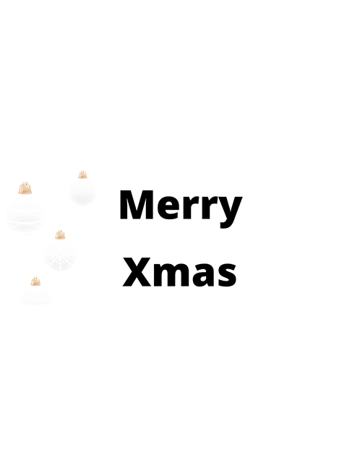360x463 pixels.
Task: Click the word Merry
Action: point(181,209)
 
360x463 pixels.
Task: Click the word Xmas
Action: point(179,272)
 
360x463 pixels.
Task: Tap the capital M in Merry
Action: point(137,205)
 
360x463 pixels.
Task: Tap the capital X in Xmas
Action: point(137,272)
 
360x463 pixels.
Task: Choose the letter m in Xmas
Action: point(172,275)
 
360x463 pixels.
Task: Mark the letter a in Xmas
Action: point(204,276)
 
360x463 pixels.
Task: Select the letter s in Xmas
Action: point(227,276)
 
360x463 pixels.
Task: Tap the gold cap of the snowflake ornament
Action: point(60,234)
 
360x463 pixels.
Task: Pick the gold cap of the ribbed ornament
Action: point(25,188)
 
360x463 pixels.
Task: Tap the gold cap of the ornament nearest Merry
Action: point(82,174)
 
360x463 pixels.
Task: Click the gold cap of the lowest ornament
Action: point(35,281)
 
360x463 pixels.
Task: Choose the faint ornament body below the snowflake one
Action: point(35,295)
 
